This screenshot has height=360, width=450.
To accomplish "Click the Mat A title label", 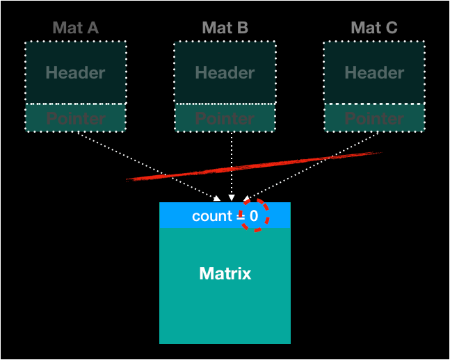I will (x=75, y=28).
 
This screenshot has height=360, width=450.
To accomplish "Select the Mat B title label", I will (x=225, y=28).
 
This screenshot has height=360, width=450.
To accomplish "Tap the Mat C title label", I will (x=374, y=28).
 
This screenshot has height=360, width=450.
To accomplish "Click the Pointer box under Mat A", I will (x=75, y=117).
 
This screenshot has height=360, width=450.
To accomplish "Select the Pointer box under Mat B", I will (x=225, y=117).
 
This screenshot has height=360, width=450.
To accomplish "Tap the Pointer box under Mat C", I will (x=374, y=117).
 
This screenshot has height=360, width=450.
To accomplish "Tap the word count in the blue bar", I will (x=211, y=216).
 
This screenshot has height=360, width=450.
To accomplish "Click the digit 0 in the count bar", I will (x=254, y=216).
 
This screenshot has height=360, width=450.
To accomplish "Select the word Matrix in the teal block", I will (x=225, y=274).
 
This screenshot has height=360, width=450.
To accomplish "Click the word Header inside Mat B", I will (x=225, y=73).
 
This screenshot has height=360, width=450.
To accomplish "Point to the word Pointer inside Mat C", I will (x=374, y=118).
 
